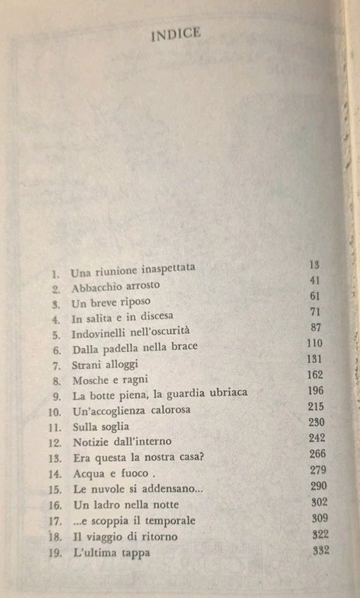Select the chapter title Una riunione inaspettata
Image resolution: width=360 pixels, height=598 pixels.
pyautogui.click(x=132, y=269)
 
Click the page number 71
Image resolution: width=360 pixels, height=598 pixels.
pyautogui.click(x=316, y=312)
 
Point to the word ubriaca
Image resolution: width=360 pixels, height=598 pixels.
pyautogui.click(x=224, y=393)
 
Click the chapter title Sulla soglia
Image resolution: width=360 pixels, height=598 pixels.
pyautogui.click(x=100, y=427)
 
